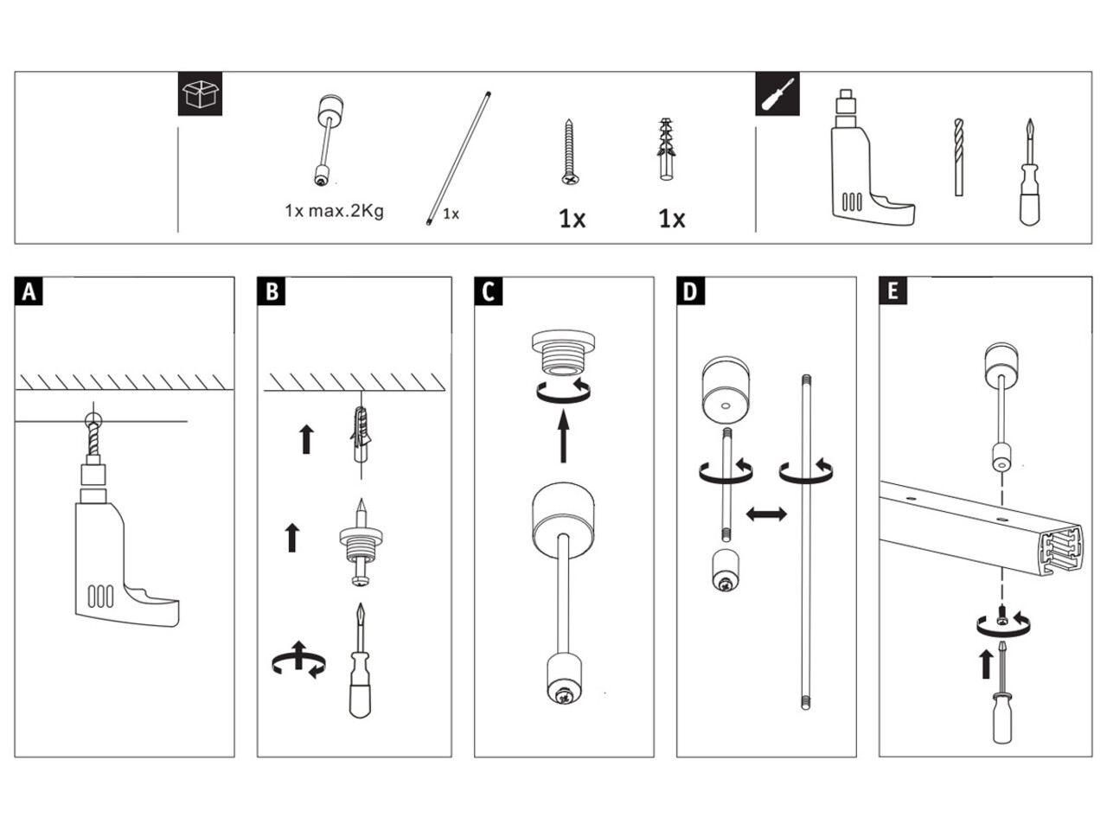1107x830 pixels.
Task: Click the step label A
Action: [29, 291]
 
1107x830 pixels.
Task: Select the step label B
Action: [272, 291]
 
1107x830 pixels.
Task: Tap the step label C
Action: [488, 291]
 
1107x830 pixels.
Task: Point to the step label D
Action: [690, 291]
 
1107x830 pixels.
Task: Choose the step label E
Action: [893, 290]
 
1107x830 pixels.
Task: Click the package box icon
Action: [201, 93]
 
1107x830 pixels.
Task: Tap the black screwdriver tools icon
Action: [777, 93]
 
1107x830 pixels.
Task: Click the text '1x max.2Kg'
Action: [334, 211]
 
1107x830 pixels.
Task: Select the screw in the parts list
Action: [570, 151]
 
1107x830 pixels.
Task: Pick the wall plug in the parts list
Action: [666, 150]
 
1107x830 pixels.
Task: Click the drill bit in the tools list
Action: [959, 157]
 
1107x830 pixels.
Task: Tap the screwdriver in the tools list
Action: [1029, 172]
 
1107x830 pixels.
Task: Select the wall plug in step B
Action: [361, 434]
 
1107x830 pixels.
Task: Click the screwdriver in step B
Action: [360, 661]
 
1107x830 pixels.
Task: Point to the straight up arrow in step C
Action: [563, 437]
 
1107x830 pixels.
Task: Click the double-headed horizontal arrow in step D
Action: [766, 514]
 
